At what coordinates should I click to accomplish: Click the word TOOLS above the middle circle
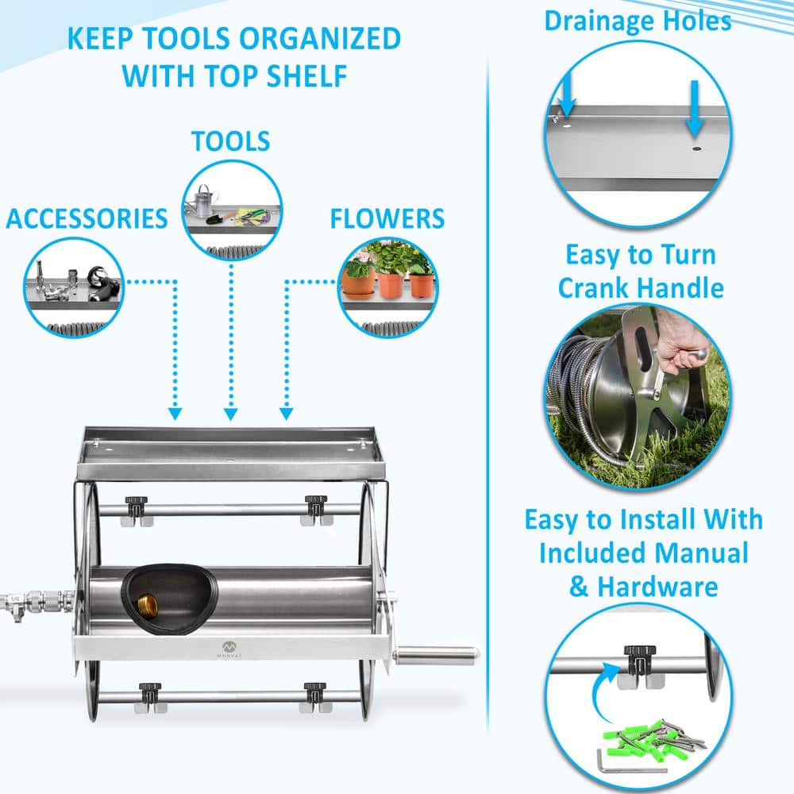point(230,141)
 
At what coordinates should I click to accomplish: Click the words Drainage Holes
point(638,21)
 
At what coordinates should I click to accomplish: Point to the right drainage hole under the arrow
point(696,148)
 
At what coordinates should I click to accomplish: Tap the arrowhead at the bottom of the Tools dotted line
point(231,414)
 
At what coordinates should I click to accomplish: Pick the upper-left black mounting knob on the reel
point(137,503)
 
